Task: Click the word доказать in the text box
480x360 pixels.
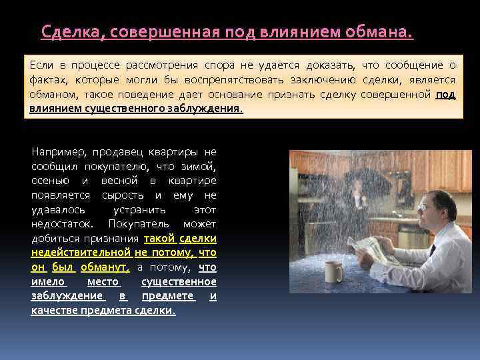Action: click(x=330, y=65)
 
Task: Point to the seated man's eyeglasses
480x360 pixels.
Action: click(x=423, y=208)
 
